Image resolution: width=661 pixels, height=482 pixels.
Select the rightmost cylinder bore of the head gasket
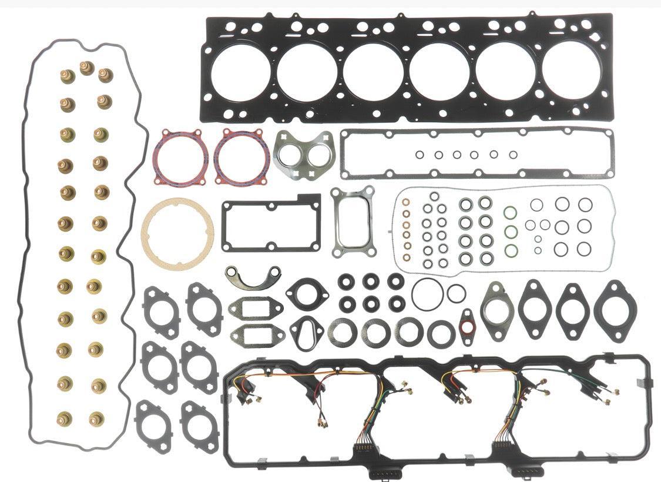(x=571, y=70)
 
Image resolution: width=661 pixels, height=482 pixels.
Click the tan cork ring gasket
(x=177, y=231)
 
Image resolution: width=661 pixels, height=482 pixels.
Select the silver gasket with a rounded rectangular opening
(x=353, y=222)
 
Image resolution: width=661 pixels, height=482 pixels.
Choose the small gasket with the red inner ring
(x=467, y=326)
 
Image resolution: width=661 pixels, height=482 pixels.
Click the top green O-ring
(x=511, y=213)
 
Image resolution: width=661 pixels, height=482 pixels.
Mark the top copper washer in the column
(x=406, y=202)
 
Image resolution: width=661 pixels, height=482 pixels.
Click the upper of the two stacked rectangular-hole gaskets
(x=256, y=309)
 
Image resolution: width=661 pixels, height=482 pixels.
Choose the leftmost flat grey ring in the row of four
(x=343, y=333)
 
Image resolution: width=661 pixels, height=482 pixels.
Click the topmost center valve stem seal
(x=87, y=68)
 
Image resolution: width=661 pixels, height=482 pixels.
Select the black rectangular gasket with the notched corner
(x=271, y=225)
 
